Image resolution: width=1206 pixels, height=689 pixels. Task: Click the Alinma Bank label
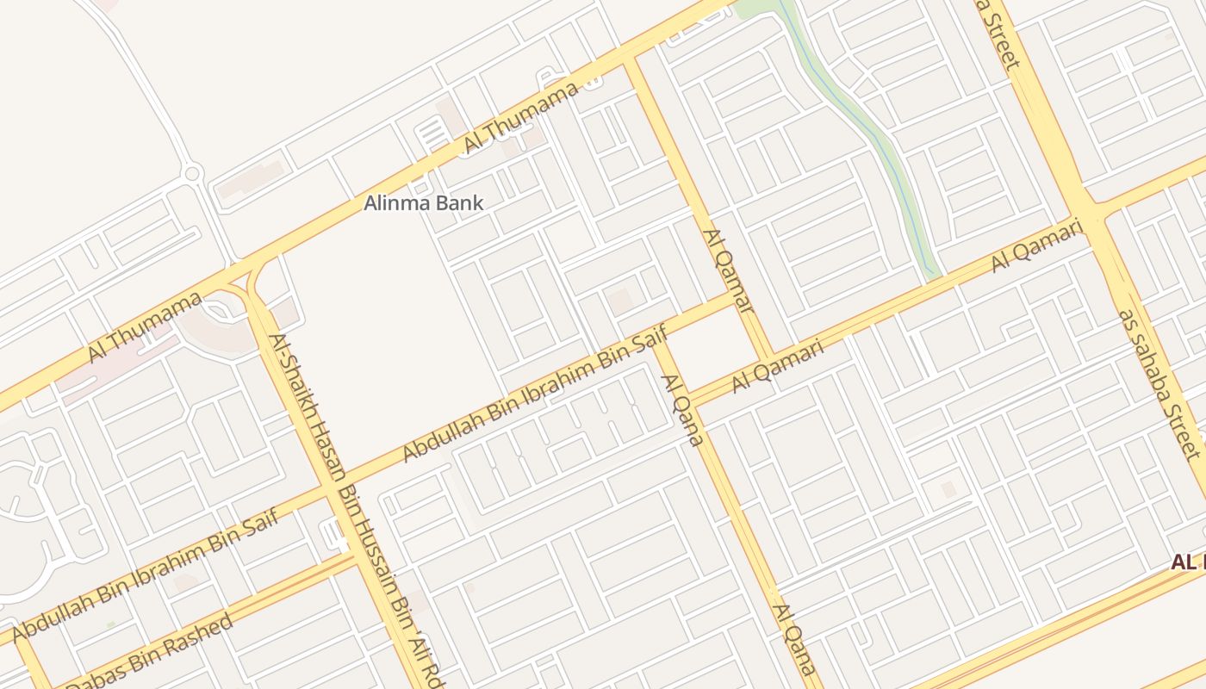pos(423,204)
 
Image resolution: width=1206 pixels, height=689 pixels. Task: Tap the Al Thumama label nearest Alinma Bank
pos(520,119)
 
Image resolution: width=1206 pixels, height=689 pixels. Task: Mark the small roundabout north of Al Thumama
pos(191,174)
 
